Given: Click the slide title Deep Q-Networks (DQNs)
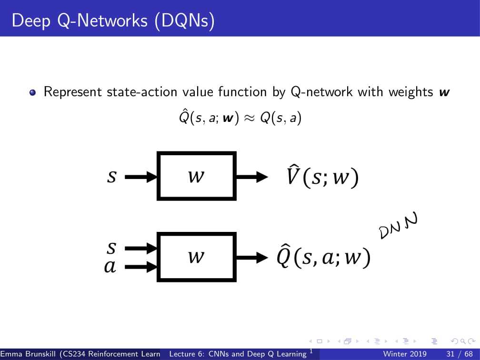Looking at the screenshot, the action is [x=113, y=20].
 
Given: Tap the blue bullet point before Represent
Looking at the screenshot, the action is [x=32, y=93].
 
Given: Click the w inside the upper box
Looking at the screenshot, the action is [x=196, y=177].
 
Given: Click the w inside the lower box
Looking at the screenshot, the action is [x=196, y=257].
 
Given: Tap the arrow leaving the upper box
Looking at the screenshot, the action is [x=252, y=177].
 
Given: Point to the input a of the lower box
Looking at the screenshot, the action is [x=110, y=268].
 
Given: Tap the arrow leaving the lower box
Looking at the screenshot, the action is [x=252, y=258].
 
